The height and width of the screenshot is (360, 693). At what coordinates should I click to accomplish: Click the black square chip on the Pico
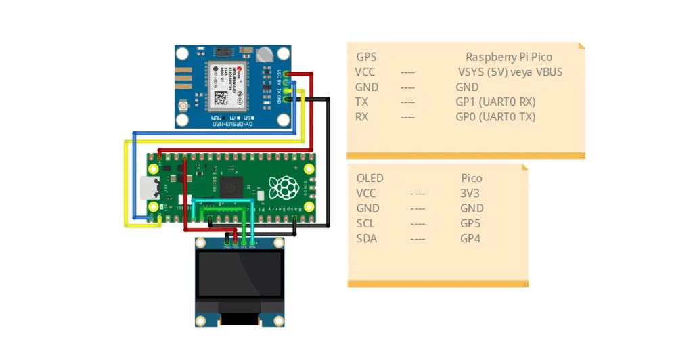tap(230, 187)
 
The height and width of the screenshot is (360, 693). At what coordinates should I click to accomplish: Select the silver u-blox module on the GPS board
tap(227, 86)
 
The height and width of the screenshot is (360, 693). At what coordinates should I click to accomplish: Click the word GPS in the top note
tap(366, 58)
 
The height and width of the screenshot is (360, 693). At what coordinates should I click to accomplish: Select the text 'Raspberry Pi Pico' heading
tap(509, 58)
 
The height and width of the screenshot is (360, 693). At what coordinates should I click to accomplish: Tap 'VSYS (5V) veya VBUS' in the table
tap(510, 72)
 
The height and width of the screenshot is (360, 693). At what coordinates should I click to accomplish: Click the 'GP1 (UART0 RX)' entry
tap(495, 102)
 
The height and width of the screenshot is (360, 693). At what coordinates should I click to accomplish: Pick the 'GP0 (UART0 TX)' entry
tap(495, 117)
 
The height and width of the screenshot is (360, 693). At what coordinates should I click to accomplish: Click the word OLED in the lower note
tap(370, 179)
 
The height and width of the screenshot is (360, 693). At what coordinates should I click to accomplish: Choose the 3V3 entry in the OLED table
tap(470, 194)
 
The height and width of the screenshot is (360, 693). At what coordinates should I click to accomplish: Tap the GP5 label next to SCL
tap(470, 223)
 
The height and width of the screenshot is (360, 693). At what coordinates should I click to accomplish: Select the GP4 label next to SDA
tap(470, 238)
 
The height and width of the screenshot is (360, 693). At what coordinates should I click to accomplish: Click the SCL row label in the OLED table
tap(365, 223)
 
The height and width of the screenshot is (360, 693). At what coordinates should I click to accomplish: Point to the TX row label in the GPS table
tap(361, 102)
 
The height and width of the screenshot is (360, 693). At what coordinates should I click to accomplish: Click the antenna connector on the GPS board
tap(184, 109)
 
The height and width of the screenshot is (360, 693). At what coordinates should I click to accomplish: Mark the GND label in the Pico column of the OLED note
tap(472, 208)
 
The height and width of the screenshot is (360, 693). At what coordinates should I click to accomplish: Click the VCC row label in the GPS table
tap(365, 72)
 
